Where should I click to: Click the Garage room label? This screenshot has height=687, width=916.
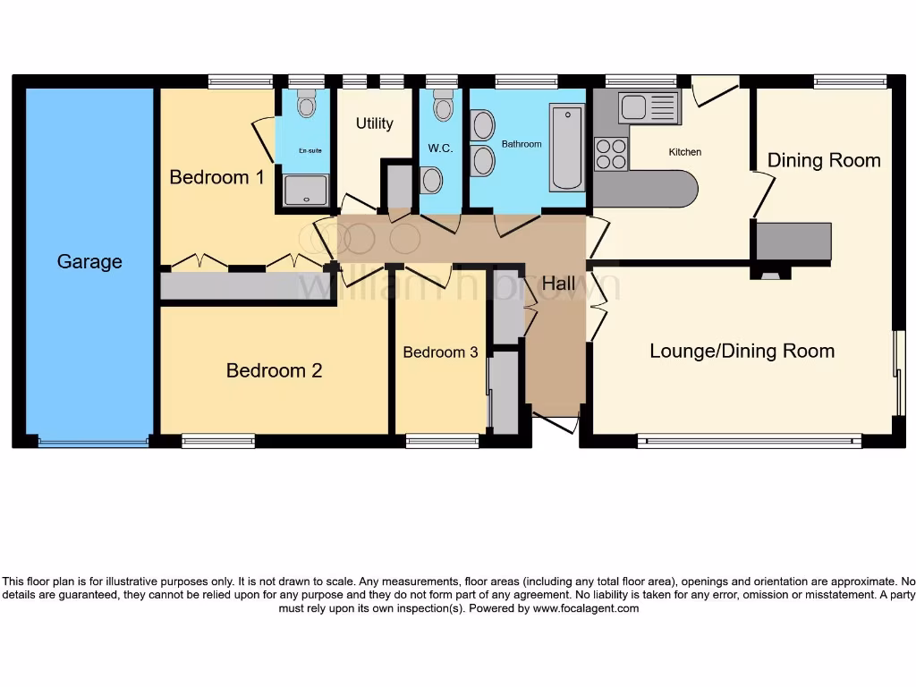[89, 262]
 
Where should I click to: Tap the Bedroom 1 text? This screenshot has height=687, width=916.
[216, 177]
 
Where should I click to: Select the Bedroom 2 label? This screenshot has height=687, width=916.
[274, 370]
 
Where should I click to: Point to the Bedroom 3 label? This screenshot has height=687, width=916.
[440, 352]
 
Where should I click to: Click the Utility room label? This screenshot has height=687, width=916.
[374, 123]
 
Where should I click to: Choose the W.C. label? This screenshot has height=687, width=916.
[441, 148]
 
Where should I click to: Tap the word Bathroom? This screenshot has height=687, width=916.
[522, 144]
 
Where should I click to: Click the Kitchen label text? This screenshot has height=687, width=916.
[685, 152]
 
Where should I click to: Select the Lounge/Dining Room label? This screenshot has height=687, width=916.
[742, 351]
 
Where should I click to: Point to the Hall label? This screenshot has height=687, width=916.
[559, 284]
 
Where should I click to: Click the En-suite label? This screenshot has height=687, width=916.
[310, 151]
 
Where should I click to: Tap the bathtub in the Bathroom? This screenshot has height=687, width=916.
[567, 148]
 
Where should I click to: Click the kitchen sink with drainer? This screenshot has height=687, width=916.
[649, 107]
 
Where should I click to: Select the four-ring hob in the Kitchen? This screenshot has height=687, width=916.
[611, 154]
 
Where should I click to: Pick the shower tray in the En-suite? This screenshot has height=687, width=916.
[306, 190]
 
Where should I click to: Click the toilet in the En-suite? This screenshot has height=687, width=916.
[307, 106]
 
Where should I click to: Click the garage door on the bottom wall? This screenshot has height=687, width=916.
[93, 441]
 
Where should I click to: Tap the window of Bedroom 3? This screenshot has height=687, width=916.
[442, 440]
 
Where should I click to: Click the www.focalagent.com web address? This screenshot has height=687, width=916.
[586, 608]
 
